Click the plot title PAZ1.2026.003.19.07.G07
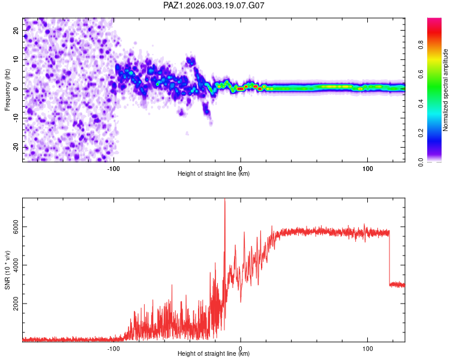pyautogui.click(x=214, y=5)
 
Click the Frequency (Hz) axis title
pyautogui.click(x=7, y=89)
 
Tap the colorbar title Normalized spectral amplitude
pyautogui.click(x=446, y=90)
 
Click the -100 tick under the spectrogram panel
pyautogui.click(x=114, y=167)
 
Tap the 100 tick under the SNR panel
pyautogui.click(x=367, y=347)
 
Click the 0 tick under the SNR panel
pyautogui.click(x=241, y=347)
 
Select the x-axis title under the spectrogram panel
pyautogui.click(x=214, y=174)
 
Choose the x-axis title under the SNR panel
pyautogui.click(x=214, y=354)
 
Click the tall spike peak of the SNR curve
pyautogui.click(x=224, y=200)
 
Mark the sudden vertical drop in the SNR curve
pyautogui.click(x=389, y=258)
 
